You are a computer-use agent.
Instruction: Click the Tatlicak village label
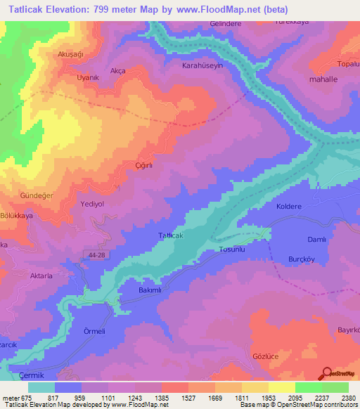171,235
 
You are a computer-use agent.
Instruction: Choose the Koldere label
289,207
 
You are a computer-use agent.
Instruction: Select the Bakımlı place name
150,290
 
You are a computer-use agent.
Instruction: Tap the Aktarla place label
40,276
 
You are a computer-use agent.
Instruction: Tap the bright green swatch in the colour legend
308,387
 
